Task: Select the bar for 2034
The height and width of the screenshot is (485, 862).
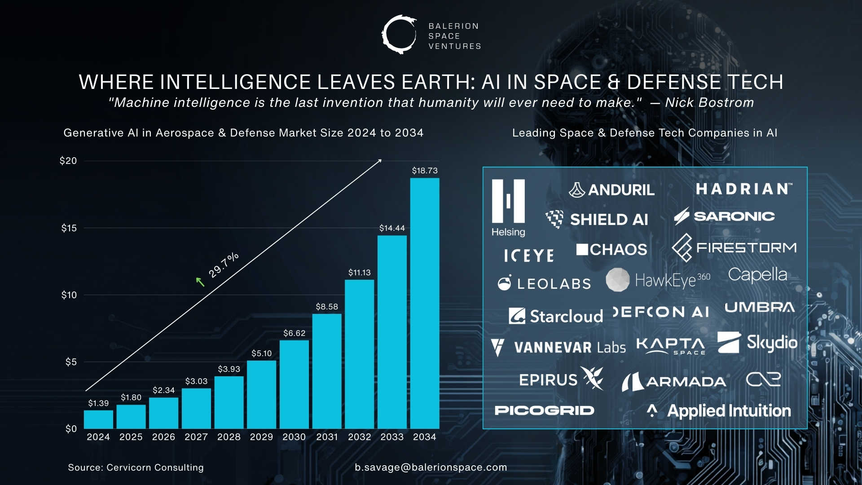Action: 424,303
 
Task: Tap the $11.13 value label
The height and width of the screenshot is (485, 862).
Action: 359,273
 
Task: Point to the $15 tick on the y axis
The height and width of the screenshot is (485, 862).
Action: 69,228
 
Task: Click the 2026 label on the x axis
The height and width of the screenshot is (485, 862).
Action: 163,437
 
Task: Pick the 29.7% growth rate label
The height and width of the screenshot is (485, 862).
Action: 224,265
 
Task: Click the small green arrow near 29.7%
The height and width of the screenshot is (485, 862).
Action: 200,282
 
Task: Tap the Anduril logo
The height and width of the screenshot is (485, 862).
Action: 611,190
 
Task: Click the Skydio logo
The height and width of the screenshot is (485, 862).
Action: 757,343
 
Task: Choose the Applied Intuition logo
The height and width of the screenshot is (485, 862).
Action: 719,410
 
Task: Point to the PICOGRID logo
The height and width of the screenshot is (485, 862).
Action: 544,410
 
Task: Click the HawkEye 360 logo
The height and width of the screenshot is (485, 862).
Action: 658,280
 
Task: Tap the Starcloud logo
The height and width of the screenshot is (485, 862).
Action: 556,316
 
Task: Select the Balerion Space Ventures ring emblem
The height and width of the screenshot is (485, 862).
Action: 399,35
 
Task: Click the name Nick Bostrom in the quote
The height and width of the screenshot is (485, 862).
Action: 709,102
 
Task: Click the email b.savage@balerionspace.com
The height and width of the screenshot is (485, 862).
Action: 431,467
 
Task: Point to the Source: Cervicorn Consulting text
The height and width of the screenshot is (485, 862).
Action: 136,467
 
